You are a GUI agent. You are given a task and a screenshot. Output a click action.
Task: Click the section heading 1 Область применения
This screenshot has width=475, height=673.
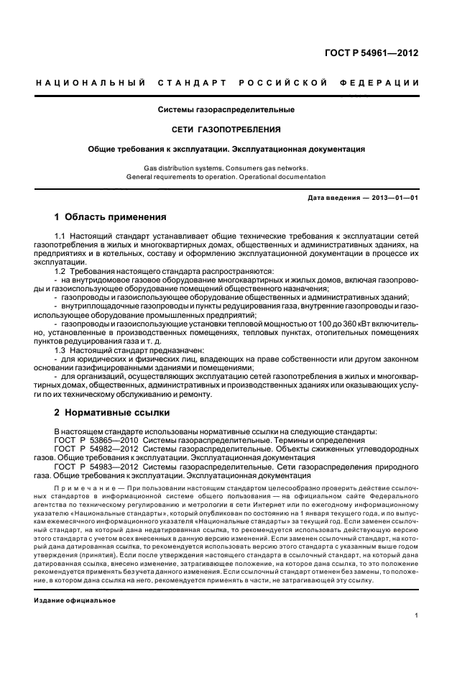point(111,216)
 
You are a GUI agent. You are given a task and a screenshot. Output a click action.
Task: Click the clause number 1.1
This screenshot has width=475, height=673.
point(60,236)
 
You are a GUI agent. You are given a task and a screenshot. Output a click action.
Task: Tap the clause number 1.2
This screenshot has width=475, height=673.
point(60,271)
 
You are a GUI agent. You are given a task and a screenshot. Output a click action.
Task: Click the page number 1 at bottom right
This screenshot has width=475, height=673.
point(416,615)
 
